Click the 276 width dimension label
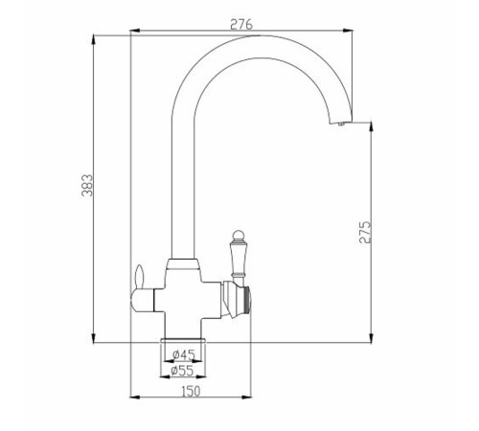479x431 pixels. coord(241,25)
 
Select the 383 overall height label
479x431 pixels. coord(87,185)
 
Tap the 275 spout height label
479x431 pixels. coord(365,232)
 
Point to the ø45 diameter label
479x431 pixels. coord(183,354)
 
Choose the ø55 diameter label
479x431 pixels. coord(182,371)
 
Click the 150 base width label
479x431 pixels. coord(191,391)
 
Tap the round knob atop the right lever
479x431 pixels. coord(238,236)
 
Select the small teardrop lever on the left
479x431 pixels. coord(140,276)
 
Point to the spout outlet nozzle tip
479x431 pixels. coord(341,125)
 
